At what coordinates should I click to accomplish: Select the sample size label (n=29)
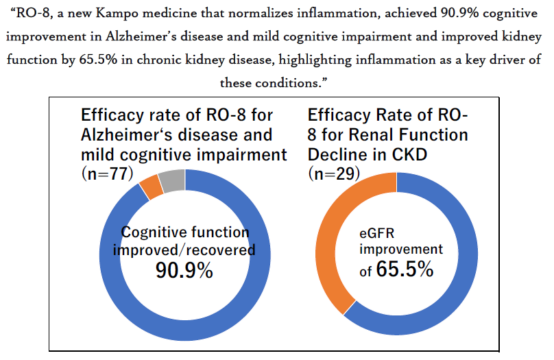tap(335, 173)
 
